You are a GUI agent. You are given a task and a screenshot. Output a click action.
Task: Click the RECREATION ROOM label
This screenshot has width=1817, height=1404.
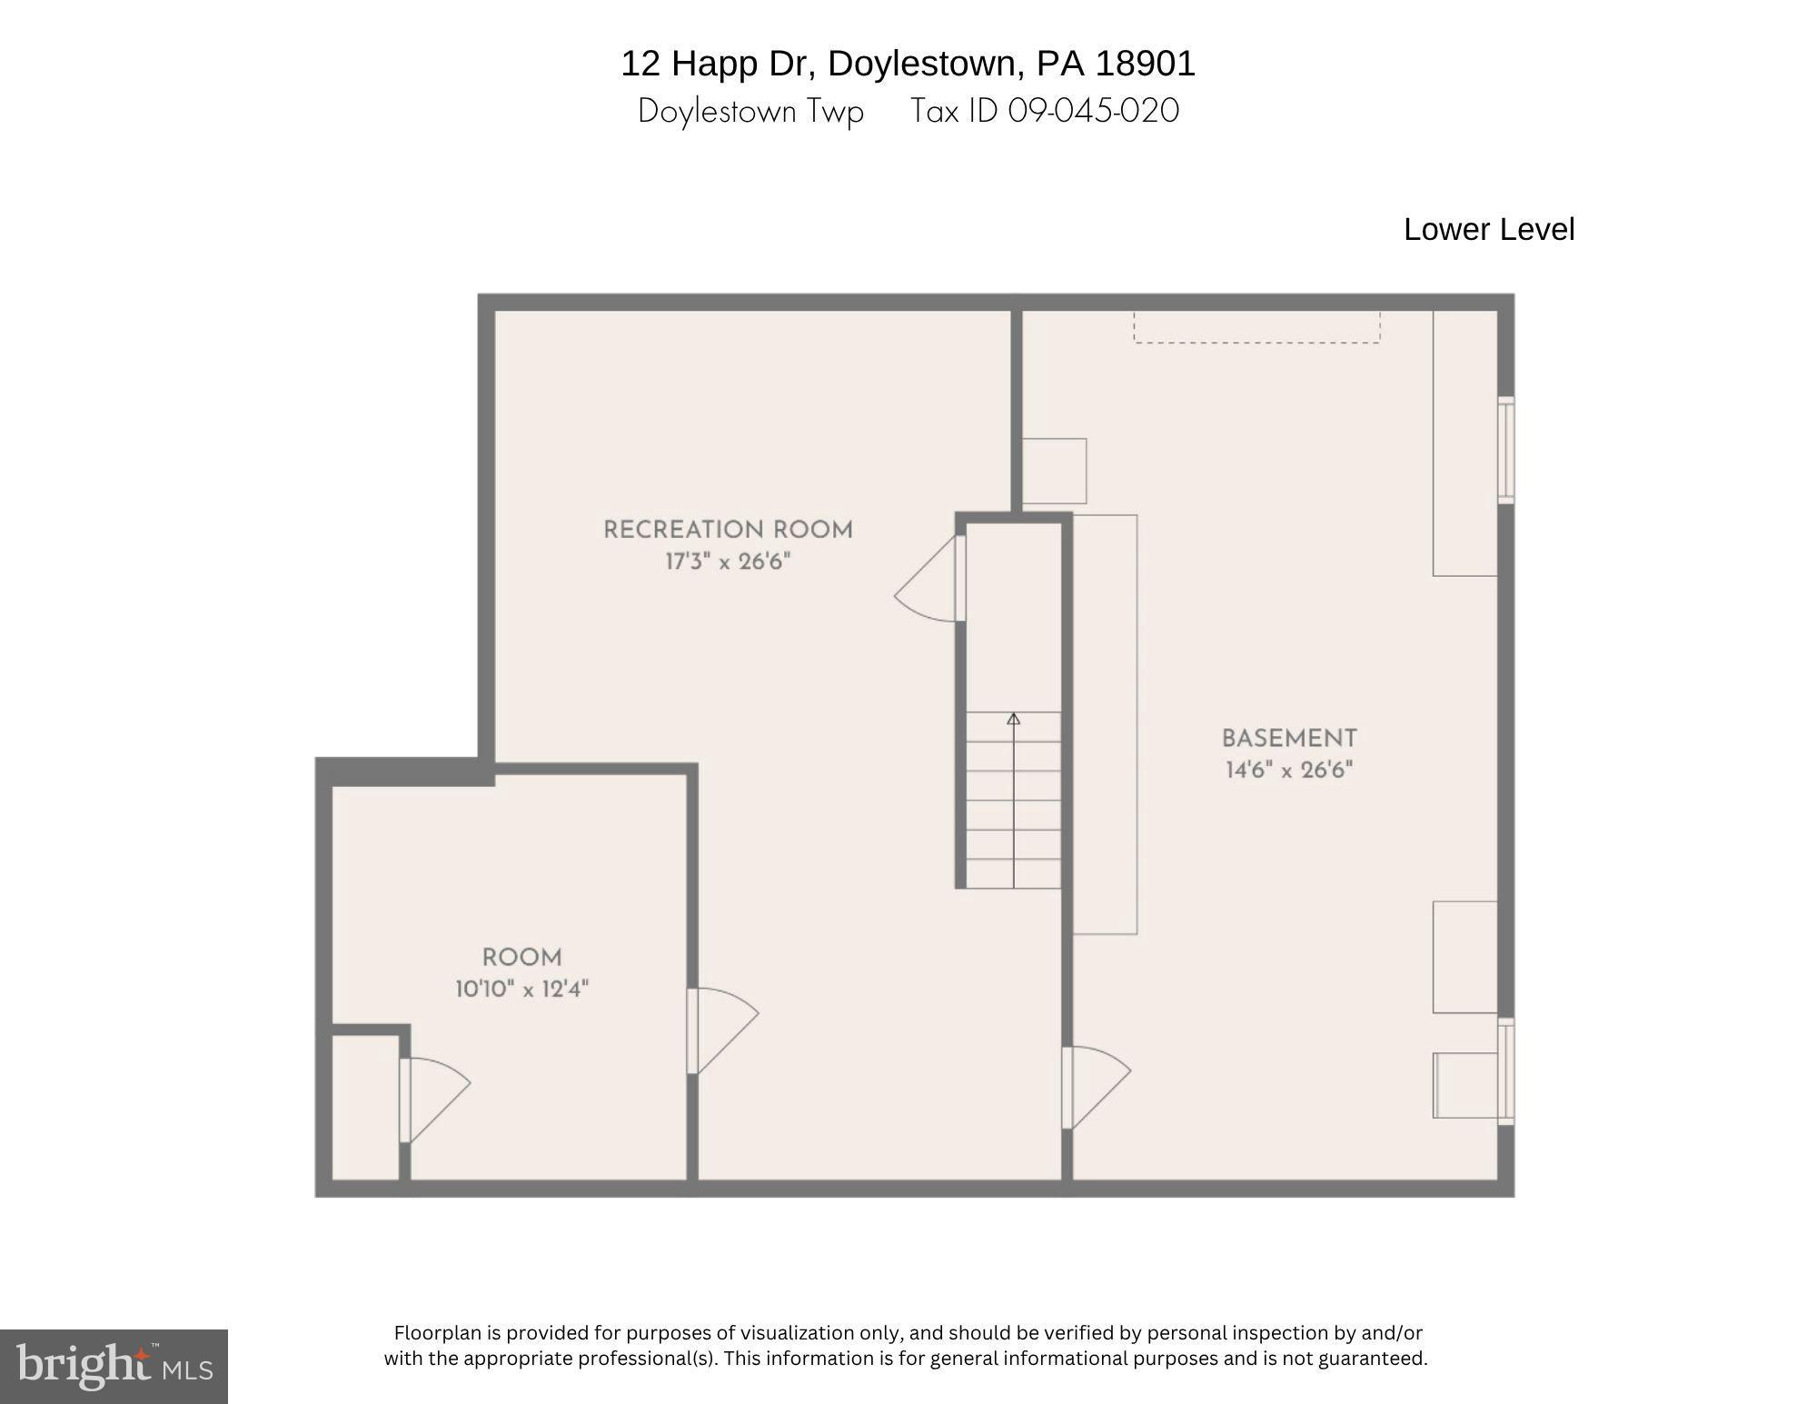pos(728,530)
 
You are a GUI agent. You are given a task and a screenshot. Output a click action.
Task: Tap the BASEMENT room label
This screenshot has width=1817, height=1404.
pos(1288,738)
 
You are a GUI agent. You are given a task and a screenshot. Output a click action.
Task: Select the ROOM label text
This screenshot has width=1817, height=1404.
pos(521,957)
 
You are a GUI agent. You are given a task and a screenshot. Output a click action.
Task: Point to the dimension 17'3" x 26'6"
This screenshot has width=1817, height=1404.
pos(728,562)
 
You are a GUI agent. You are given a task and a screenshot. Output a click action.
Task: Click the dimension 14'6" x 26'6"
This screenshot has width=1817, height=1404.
pos(1288,771)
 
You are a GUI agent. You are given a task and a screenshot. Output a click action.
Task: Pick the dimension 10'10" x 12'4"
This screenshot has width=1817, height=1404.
pos(521,989)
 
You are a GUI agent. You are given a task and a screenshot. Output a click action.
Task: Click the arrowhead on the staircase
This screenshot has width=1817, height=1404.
pos(1013,719)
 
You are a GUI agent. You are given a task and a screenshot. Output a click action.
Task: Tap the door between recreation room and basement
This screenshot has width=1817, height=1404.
pos(1095,1086)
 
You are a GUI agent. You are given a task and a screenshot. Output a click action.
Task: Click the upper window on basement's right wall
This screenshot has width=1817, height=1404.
pos(1505,450)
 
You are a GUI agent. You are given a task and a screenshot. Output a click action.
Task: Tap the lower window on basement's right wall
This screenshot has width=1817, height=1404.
pos(1505,1071)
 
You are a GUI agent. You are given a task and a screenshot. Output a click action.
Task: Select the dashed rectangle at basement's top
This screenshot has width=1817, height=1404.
pos(1256,327)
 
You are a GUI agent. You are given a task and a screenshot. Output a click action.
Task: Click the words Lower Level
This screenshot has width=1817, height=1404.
pos(1488,229)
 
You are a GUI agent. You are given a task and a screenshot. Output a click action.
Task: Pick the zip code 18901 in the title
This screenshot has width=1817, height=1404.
pos(1145,64)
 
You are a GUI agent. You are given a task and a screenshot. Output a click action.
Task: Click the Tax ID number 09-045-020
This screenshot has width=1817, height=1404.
pos(1093,111)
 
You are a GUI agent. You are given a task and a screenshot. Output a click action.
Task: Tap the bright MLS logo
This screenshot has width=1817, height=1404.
pos(114,1366)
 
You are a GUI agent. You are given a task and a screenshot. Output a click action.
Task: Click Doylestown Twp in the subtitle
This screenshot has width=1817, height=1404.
pos(750,111)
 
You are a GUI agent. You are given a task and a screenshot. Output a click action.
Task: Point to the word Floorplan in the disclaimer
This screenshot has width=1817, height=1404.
pos(437,1333)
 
